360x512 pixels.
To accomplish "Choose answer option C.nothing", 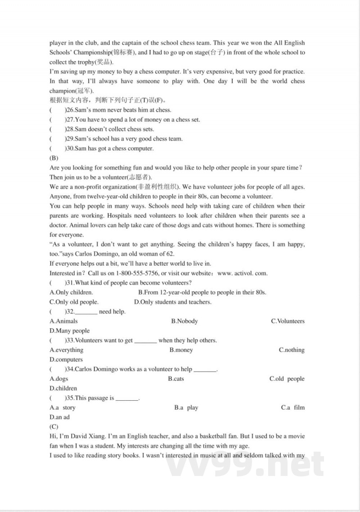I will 292,350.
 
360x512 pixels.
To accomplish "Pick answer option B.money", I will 181,350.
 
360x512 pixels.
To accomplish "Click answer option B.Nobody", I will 184,321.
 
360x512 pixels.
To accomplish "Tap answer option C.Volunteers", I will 288,321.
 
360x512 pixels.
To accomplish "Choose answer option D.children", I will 63,388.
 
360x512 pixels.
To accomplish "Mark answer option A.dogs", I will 58,379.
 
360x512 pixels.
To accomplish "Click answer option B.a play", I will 186,408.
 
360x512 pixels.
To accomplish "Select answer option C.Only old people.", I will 74,302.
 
